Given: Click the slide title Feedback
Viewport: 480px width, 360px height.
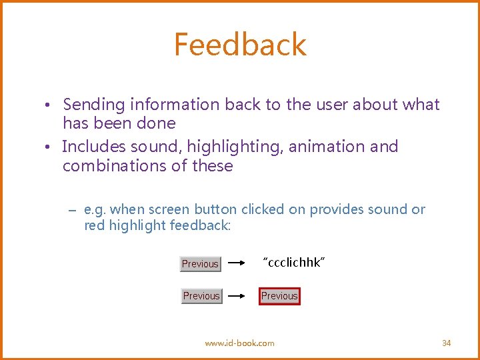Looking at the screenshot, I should pyautogui.click(x=240, y=45).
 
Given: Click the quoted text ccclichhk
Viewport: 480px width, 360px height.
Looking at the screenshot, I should pyautogui.click(x=294, y=262).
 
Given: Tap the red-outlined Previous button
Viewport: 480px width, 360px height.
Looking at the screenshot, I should pyautogui.click(x=279, y=296).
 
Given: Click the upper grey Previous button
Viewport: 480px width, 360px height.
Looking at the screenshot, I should pyautogui.click(x=200, y=264).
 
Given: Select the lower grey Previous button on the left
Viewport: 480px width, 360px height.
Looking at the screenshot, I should pyautogui.click(x=201, y=296).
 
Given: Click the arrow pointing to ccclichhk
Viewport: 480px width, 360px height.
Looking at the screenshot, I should pyautogui.click(x=239, y=264).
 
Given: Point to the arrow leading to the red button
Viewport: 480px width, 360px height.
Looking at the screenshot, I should pyautogui.click(x=239, y=296).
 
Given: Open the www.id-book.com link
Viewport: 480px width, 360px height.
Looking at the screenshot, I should pyautogui.click(x=239, y=343).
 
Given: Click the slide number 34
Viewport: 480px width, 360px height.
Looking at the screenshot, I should pyautogui.click(x=446, y=343).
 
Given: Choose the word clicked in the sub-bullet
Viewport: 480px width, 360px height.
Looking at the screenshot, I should pyautogui.click(x=263, y=209).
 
